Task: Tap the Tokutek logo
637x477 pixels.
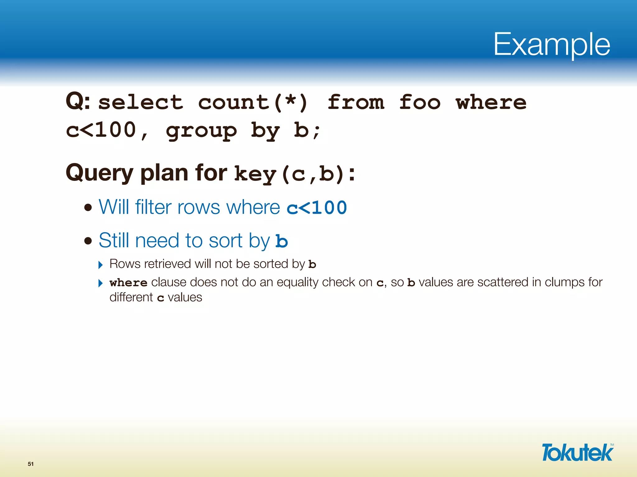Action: [x=577, y=452]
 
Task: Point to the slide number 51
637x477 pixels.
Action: [x=30, y=464]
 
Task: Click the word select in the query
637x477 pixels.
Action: [x=141, y=102]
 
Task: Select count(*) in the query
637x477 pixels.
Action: [x=253, y=102]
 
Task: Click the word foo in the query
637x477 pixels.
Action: [x=420, y=102]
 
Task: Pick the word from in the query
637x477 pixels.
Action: [x=356, y=102]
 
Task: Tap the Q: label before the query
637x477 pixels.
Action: [x=78, y=102]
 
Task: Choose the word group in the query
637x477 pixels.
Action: [x=201, y=131]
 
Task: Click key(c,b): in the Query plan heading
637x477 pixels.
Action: [x=294, y=174]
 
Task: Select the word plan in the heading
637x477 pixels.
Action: [x=164, y=173]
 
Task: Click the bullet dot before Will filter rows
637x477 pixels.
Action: [x=88, y=207]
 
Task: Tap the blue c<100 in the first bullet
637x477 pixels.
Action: [x=317, y=208]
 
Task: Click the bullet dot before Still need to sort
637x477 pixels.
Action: [x=88, y=241]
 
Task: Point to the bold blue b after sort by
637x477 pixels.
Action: [x=282, y=241]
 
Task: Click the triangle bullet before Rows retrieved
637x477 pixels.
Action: [x=100, y=265]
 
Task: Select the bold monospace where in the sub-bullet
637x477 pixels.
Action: [x=128, y=283]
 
